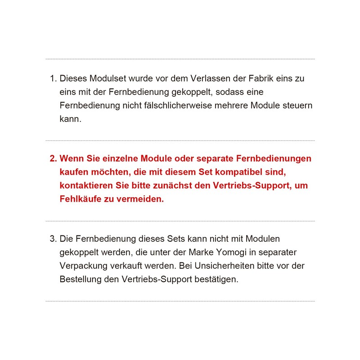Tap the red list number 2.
tap(53, 159)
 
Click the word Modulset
tap(108, 78)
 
